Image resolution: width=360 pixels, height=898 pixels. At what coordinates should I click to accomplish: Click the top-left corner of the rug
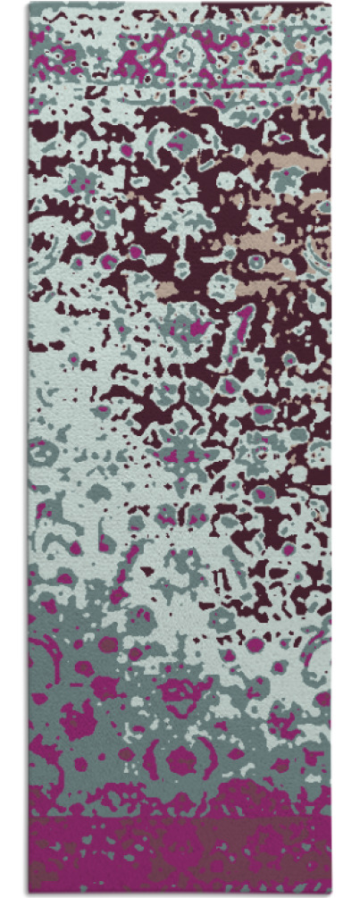pyautogui.click(x=29, y=4)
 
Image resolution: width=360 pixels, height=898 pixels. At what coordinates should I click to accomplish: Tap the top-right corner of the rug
pyautogui.click(x=331, y=4)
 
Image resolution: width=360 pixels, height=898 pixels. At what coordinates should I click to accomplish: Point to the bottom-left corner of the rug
pyautogui.click(x=29, y=894)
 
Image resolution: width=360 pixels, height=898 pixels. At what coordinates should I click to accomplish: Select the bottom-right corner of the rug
pyautogui.click(x=331, y=894)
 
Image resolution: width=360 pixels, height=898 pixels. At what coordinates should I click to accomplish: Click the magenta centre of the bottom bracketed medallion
pyautogui.click(x=182, y=760)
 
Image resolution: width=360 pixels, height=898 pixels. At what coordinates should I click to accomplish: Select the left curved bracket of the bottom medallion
pyautogui.click(x=154, y=760)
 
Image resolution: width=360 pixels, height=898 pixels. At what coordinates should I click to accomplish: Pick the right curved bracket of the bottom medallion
pyautogui.click(x=213, y=760)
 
